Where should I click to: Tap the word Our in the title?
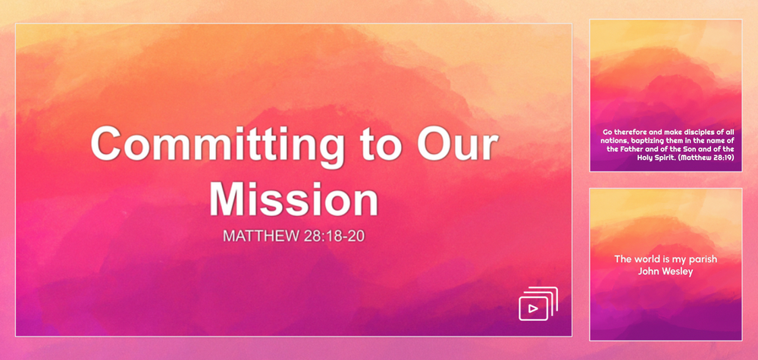coord(458,143)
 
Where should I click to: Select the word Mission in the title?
coord(294,197)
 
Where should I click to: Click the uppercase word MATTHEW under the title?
coord(262,236)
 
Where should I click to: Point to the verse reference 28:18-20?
coord(334,236)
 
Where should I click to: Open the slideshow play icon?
coord(538,303)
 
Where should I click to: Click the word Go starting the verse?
coord(607,131)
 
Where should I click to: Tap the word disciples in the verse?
coord(697,131)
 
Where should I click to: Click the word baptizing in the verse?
coord(640,141)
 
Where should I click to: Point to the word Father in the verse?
coord(632,149)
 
